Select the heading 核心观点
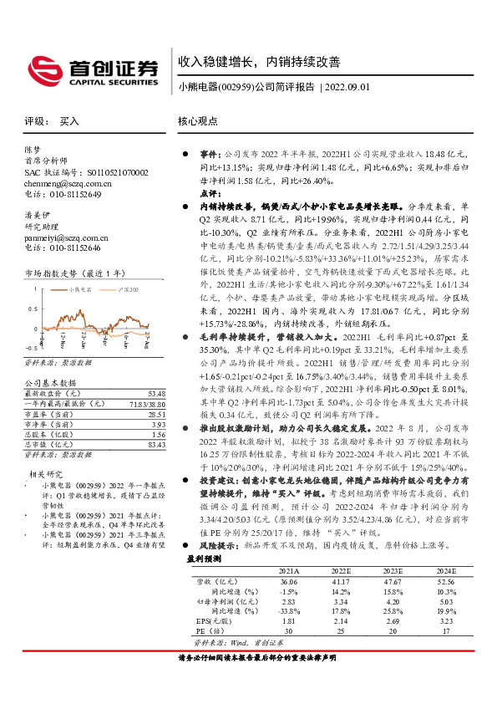(198, 121)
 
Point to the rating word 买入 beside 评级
(69, 121)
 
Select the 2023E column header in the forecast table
(393, 571)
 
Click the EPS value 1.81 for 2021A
(288, 622)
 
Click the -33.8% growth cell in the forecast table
(288, 612)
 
